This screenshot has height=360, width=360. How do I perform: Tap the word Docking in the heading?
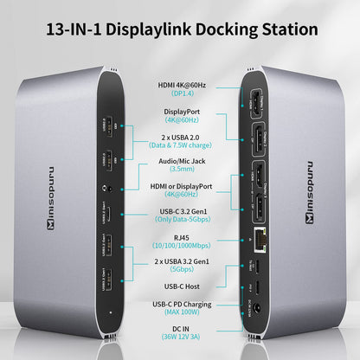[223, 29]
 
